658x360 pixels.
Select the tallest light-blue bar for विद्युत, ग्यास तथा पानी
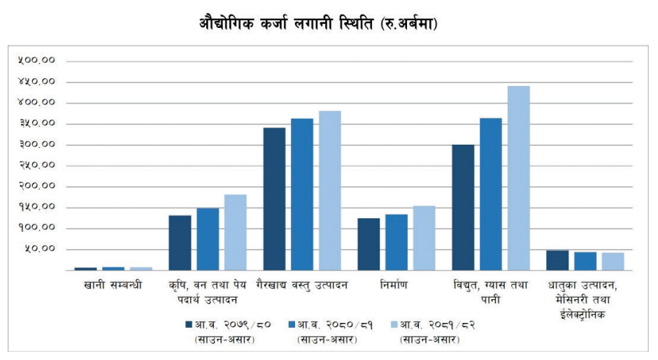pyautogui.click(x=518, y=178)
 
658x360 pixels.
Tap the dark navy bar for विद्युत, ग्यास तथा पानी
pyautogui.click(x=463, y=207)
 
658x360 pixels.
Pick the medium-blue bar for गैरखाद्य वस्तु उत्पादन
pyautogui.click(x=302, y=194)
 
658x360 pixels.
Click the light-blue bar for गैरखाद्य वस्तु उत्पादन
pyautogui.click(x=330, y=190)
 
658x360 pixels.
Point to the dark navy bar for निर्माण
pyautogui.click(x=369, y=244)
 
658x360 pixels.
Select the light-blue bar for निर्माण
pyautogui.click(x=424, y=238)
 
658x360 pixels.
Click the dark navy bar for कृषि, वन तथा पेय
pyautogui.click(x=180, y=243)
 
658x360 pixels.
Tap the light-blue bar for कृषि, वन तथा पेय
pyautogui.click(x=236, y=232)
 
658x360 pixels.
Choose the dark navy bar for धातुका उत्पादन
pyautogui.click(x=557, y=260)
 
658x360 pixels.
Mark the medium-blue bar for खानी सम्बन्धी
pyautogui.click(x=113, y=268)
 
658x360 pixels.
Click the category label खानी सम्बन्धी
pyautogui.click(x=113, y=285)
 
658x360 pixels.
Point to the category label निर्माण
pyautogui.click(x=396, y=285)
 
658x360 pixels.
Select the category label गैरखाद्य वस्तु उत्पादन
pyautogui.click(x=302, y=285)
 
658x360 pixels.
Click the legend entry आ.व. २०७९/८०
pyautogui.click(x=224, y=324)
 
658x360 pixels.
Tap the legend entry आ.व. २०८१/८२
pyautogui.click(x=429, y=324)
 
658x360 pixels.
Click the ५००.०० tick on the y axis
pyautogui.click(x=37, y=61)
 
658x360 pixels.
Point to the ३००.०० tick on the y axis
pyautogui.click(x=37, y=145)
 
